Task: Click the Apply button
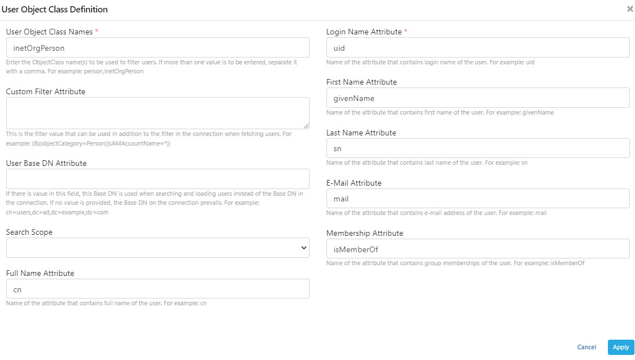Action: point(620,347)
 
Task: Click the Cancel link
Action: point(587,347)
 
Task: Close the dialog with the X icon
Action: point(630,9)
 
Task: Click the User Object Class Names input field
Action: point(157,47)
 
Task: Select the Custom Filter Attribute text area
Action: point(157,113)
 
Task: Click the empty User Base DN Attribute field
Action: point(157,179)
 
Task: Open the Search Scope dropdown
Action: point(157,248)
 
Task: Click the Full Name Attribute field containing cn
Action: point(157,289)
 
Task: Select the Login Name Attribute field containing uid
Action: point(478,47)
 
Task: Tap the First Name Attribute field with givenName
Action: point(478,98)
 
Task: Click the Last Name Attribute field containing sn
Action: point(478,148)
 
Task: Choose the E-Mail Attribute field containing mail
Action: point(478,199)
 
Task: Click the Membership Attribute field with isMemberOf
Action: point(478,249)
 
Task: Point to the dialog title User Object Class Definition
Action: point(54,10)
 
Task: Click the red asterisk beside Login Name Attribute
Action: point(405,32)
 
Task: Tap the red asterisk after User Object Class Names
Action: point(96,32)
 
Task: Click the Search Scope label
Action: point(29,232)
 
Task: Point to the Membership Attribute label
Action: point(365,233)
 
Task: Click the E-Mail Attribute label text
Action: point(354,183)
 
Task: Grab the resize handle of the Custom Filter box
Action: point(306,126)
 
